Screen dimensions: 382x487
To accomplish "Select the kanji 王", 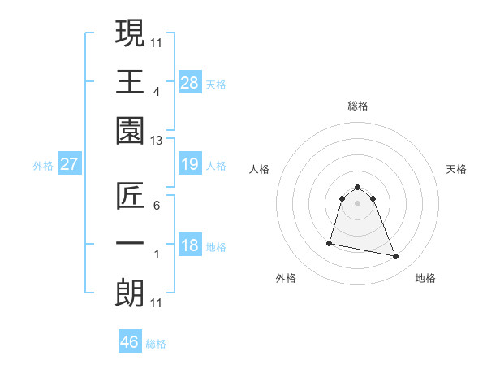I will [131, 81].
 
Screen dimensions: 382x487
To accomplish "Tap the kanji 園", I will [131, 131].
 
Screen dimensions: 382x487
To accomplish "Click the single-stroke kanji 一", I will [131, 245].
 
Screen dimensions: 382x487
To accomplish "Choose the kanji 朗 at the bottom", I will [131, 293].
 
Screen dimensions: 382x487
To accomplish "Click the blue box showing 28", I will [190, 82].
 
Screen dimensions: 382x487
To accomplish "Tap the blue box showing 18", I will [190, 245].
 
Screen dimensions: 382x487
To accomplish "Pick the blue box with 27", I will [70, 164].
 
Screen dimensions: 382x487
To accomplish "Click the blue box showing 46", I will [130, 342].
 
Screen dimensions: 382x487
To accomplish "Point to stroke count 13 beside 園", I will [157, 141].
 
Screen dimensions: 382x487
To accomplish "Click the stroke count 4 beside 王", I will [157, 92].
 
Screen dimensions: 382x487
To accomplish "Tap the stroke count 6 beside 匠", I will [157, 206].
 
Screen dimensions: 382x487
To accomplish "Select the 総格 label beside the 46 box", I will [157, 344].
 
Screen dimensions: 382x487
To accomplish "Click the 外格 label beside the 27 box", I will [43, 166].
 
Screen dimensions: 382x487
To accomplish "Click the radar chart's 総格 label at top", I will [357, 106].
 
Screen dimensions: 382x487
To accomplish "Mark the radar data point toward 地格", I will [396, 257].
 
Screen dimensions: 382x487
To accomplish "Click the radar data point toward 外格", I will [330, 242].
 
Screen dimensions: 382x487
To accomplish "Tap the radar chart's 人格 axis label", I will [260, 169].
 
